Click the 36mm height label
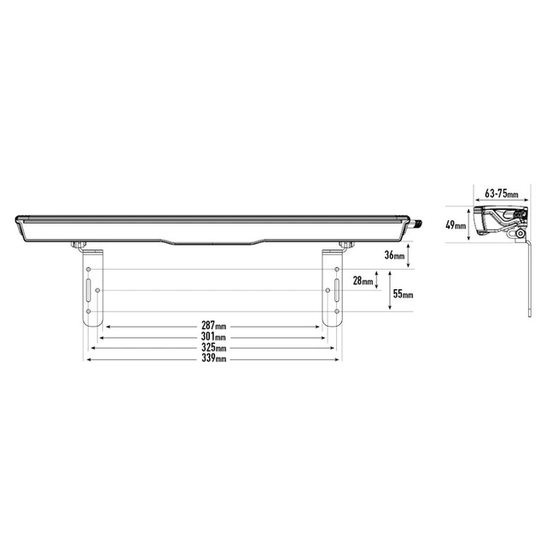click(394, 255)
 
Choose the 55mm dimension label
click(403, 295)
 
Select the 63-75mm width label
click(501, 194)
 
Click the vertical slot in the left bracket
click(87, 290)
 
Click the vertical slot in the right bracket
click(338, 290)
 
